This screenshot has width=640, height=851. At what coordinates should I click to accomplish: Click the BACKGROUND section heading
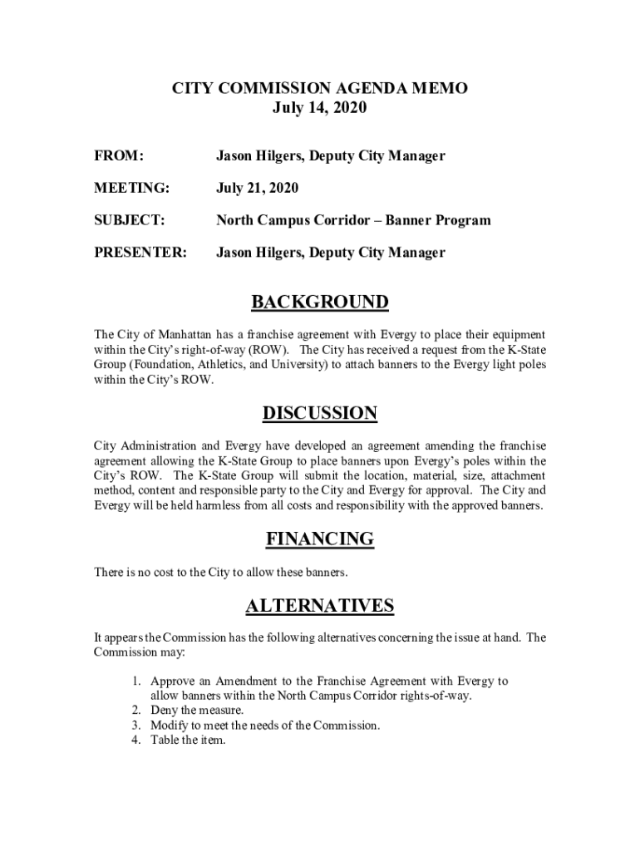click(320, 302)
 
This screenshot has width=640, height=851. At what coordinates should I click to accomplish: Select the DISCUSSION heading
click(320, 413)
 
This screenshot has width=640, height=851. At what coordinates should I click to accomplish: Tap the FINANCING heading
click(320, 539)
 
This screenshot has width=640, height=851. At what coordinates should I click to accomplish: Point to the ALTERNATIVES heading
click(320, 606)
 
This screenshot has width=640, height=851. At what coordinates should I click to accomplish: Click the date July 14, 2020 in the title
click(320, 108)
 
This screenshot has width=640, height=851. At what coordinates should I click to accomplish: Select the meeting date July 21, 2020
click(258, 189)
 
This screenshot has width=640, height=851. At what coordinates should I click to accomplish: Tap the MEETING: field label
click(131, 189)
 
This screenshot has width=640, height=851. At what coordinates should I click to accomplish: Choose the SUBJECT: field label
click(129, 221)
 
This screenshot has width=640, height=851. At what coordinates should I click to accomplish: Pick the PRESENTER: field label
click(140, 253)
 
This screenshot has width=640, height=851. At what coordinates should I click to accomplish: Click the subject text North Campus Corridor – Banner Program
click(353, 221)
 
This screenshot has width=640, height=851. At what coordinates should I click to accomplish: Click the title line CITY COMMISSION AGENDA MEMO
click(320, 88)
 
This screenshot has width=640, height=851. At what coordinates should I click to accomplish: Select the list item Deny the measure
click(197, 711)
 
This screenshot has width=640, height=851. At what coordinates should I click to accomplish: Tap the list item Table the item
click(188, 740)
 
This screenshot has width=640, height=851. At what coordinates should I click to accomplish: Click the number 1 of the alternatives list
click(135, 681)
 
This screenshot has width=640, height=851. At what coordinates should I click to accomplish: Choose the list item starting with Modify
click(265, 726)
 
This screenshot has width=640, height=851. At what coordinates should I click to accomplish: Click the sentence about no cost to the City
click(221, 573)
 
